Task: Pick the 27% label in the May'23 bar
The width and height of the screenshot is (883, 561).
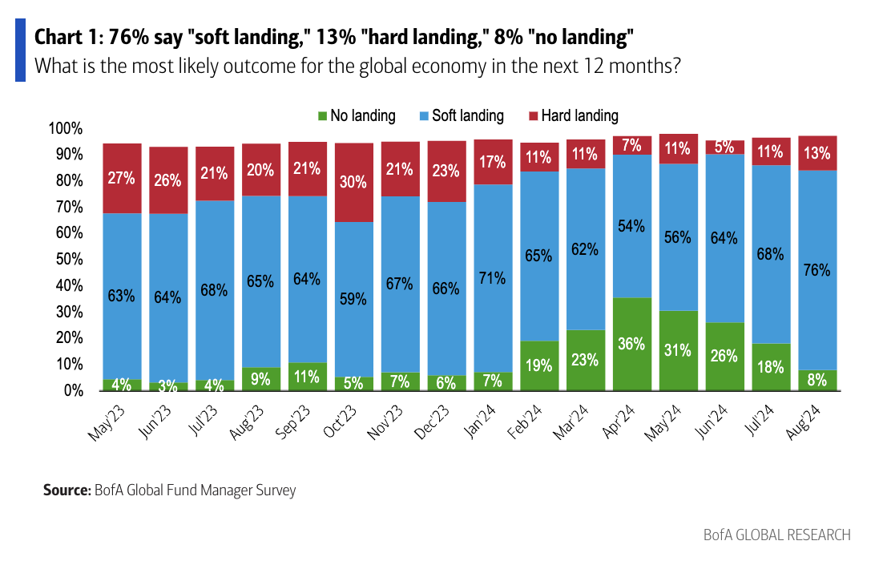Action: click(123, 177)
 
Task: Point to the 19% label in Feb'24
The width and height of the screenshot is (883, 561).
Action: click(539, 365)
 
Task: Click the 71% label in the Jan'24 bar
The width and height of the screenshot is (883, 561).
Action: click(492, 278)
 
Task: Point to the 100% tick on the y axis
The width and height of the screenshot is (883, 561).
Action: click(66, 129)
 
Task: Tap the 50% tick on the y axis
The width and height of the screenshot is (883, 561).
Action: click(68, 260)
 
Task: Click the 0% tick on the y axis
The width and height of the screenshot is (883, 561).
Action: click(71, 390)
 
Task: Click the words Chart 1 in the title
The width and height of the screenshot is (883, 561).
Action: click(63, 37)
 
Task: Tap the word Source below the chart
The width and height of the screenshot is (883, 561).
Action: click(67, 490)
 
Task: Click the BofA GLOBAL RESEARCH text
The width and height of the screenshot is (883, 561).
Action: click(776, 535)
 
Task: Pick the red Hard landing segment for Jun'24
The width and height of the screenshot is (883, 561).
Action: click(725, 147)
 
